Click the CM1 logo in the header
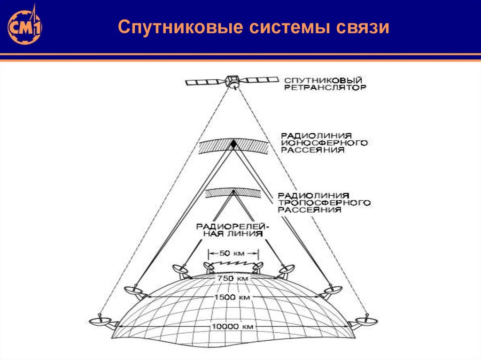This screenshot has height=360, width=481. [24, 26]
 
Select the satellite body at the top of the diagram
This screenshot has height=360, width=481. [233, 81]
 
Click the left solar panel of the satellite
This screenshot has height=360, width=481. [205, 82]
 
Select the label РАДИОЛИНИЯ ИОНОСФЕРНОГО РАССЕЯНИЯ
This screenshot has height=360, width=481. [324, 142]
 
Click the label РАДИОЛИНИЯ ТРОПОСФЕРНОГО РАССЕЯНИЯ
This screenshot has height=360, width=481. [324, 202]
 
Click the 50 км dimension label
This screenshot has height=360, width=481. [233, 253]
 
